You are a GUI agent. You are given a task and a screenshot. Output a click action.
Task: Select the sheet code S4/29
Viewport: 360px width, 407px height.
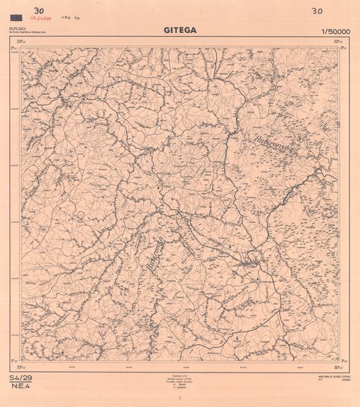point(21,378)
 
